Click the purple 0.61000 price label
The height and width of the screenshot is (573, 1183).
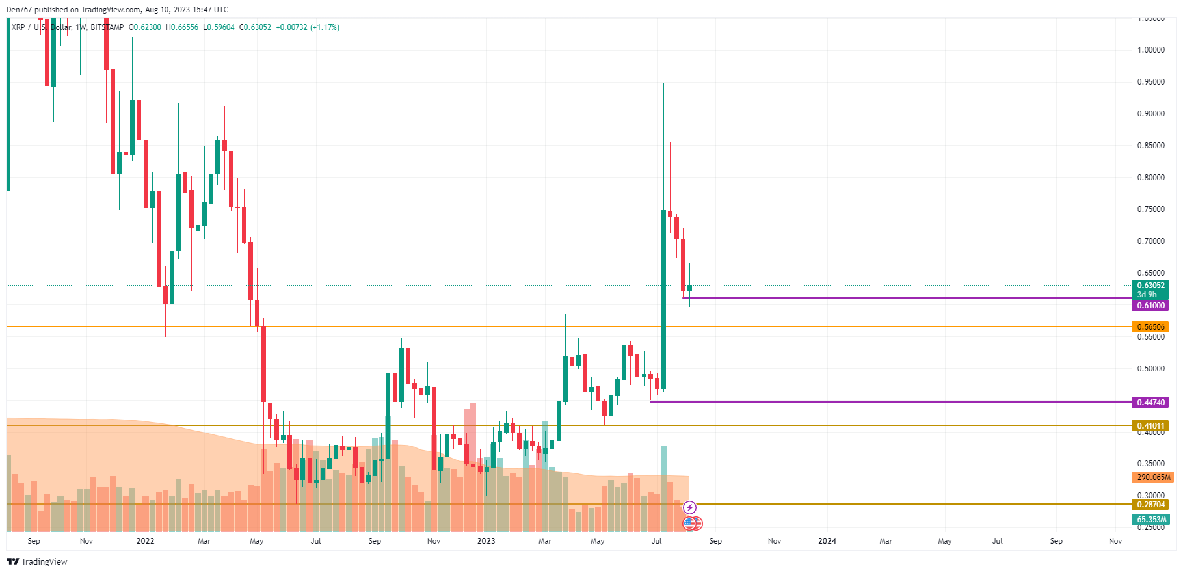(1150, 306)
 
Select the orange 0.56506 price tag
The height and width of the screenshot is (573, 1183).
(1150, 327)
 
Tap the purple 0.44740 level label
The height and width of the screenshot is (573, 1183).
(1150, 403)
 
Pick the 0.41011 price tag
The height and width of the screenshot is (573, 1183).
(1150, 426)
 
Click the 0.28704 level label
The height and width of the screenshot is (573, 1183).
(1150, 505)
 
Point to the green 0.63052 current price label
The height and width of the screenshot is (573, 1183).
(1150, 286)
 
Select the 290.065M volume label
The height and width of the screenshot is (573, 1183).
(1152, 477)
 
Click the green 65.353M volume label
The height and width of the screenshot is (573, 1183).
(1151, 520)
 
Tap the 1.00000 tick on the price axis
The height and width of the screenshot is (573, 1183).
(1150, 50)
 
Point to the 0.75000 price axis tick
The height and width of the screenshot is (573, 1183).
(1150, 209)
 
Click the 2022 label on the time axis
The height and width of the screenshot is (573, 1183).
(145, 541)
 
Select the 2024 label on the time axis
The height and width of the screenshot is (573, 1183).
(827, 541)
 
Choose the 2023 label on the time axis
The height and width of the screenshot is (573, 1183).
(486, 541)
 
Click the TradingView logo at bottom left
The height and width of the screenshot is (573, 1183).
(37, 561)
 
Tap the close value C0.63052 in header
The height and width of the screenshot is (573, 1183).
(255, 27)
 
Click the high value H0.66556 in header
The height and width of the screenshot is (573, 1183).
(182, 27)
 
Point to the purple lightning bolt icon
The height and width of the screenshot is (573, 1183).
(689, 507)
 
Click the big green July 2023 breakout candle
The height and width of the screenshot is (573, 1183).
(663, 299)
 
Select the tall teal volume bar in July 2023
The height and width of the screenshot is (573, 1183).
(663, 488)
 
